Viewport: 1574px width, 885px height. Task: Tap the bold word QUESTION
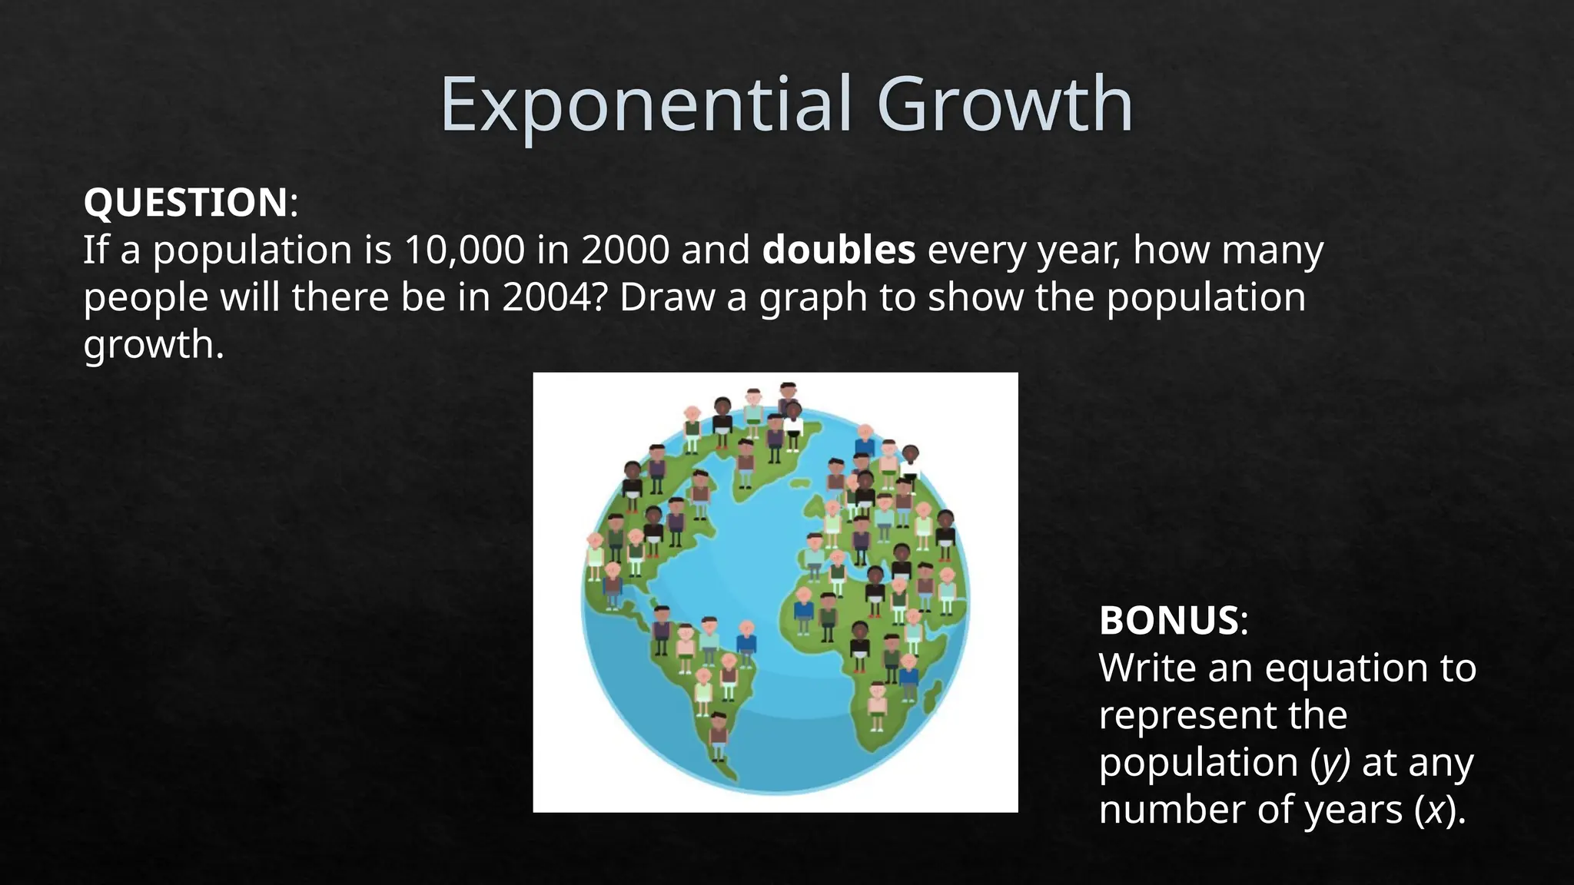click(x=185, y=203)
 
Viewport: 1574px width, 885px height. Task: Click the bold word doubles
click(x=838, y=250)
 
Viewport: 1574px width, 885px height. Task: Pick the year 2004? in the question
click(x=555, y=297)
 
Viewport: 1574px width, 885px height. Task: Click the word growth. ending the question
click(x=154, y=345)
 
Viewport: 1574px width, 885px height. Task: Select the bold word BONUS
click(x=1169, y=621)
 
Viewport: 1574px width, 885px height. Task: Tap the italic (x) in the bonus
click(x=1433, y=810)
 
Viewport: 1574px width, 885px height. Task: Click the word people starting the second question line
click(x=145, y=299)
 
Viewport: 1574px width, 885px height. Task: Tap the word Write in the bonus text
click(x=1147, y=668)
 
